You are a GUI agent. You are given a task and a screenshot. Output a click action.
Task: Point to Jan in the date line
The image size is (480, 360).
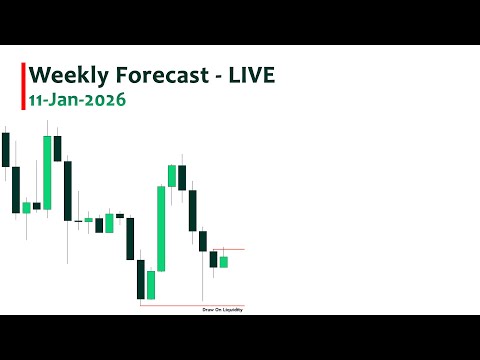69,101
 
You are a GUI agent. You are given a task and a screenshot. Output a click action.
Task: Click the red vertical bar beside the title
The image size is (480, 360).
23,86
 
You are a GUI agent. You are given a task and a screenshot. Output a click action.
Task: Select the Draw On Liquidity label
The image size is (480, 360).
222,311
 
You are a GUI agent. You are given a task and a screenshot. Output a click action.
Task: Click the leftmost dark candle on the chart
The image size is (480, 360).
5,149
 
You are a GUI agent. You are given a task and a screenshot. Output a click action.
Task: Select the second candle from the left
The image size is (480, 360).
15,190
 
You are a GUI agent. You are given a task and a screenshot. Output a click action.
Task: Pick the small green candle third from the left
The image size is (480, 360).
26,207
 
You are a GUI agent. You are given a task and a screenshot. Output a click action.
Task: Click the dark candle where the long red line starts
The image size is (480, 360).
140,279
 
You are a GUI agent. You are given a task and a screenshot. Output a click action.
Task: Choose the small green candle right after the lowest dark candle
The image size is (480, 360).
151,284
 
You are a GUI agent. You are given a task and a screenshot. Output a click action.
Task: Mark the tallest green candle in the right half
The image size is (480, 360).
161,228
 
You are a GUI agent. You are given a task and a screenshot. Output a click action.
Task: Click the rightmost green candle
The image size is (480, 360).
224,262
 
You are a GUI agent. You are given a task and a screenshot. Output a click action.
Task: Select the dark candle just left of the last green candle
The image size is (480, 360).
213,259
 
